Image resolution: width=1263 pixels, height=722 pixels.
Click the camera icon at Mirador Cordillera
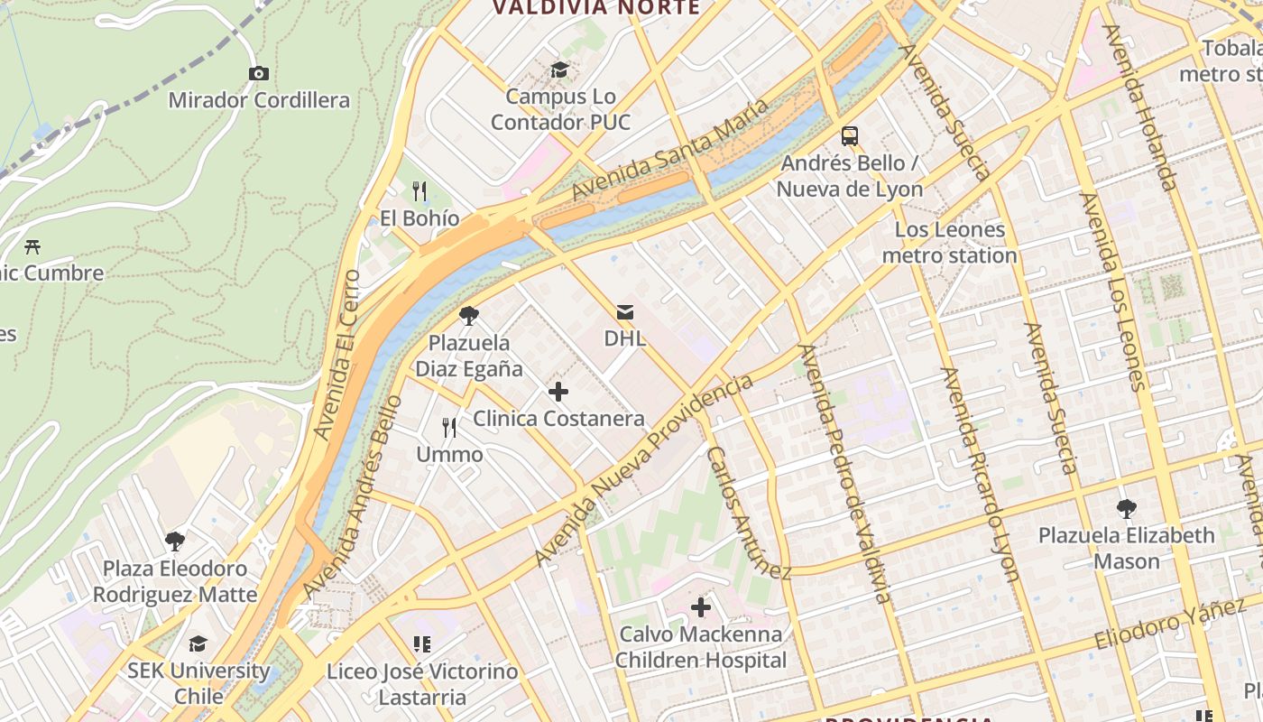(258, 73)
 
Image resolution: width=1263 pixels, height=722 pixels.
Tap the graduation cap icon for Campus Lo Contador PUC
(560, 69)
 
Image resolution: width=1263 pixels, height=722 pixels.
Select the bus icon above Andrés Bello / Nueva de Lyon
(850, 136)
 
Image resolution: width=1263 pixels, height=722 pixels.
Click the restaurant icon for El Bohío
(419, 191)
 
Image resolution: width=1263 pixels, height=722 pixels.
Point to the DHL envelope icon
(625, 312)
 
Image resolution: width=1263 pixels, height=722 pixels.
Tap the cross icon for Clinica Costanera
(558, 392)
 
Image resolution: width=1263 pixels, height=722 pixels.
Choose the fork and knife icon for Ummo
(449, 428)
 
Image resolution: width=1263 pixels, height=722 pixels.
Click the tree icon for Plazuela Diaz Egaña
(468, 316)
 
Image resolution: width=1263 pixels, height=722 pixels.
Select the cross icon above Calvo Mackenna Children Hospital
(700, 607)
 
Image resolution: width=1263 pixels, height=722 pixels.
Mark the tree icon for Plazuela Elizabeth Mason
(1126, 509)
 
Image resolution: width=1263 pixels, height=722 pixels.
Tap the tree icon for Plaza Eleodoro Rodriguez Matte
(175, 541)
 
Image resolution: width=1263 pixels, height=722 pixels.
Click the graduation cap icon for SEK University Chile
(198, 643)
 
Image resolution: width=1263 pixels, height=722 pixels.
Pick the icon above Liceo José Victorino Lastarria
(421, 644)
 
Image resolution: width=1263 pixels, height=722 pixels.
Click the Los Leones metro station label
(949, 243)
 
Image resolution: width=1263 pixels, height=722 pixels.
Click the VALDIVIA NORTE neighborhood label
(596, 8)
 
